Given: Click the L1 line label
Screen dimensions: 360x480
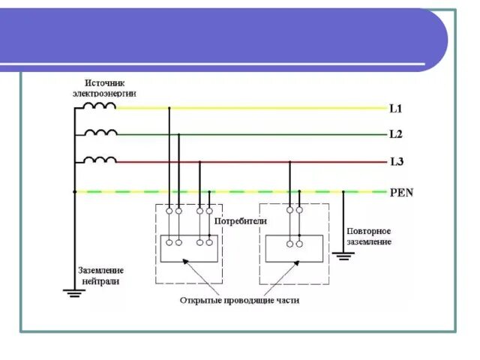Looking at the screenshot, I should point(396,109).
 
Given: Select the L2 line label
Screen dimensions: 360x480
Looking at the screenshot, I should point(396,135).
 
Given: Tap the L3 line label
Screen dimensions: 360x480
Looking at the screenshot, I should point(397,161).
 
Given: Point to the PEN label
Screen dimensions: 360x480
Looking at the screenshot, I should point(401,192).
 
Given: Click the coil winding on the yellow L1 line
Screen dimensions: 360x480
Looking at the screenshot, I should point(100,106).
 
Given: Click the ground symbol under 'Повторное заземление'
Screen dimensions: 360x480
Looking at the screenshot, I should point(343,256).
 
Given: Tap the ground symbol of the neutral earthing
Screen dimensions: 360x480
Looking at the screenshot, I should point(74,292).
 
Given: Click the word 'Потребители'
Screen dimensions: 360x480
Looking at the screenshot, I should point(241,222).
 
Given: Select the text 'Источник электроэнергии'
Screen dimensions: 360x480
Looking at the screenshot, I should point(104,87).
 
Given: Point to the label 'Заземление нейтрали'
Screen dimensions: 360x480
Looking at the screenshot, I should point(100,275).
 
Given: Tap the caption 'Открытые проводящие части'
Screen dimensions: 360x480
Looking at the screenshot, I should point(239,300).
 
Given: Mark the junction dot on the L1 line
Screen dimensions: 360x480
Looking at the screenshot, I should point(169,109).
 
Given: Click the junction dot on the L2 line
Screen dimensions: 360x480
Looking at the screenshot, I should point(178,135).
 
